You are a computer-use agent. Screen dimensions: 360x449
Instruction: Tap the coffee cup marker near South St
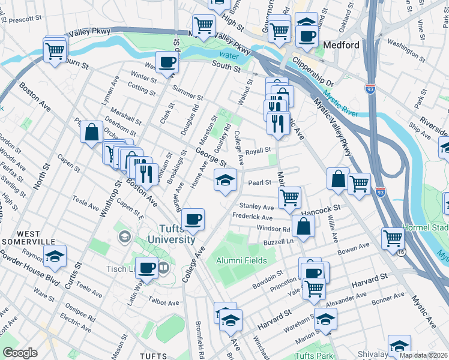coord(167,61)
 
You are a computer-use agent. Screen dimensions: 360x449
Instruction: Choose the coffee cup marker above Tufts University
coord(193,219)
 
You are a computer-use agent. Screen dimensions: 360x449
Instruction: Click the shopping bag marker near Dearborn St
coord(91,132)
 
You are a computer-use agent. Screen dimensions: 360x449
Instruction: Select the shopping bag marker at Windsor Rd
coord(304,226)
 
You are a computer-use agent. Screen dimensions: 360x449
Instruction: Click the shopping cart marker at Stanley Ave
coord(290,196)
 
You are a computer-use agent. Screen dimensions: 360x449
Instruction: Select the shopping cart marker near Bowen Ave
coord(393,238)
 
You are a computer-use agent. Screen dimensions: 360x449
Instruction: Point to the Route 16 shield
coord(400,252)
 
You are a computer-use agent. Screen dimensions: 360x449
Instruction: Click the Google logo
coord(20,353)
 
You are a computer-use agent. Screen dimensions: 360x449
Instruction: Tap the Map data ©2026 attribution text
coord(424,355)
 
